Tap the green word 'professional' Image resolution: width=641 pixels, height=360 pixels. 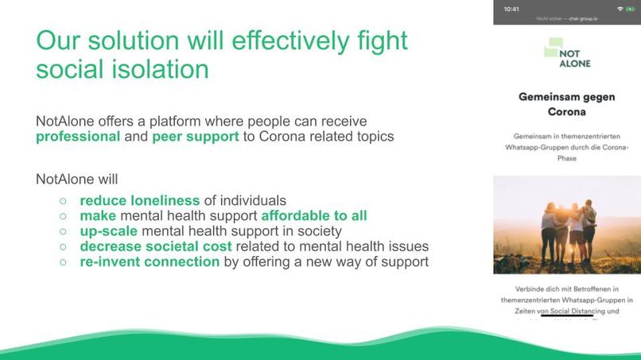[x=78, y=136]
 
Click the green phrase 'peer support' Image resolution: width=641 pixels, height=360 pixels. [x=196, y=136]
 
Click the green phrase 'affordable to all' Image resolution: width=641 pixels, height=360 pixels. [x=314, y=215]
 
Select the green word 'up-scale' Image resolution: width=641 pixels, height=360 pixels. [x=108, y=231]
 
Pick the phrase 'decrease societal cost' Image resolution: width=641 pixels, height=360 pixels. [x=156, y=246]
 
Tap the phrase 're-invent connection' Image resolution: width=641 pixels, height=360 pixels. [x=150, y=261]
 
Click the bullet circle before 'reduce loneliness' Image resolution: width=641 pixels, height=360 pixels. [x=64, y=201]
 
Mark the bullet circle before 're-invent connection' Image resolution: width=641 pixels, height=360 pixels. [x=64, y=262]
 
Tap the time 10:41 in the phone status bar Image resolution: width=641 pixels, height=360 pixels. [x=511, y=9]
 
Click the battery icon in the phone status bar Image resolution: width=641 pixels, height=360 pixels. [x=630, y=9]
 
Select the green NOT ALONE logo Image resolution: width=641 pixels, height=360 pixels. [x=567, y=55]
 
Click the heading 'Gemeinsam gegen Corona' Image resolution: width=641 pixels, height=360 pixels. [x=567, y=104]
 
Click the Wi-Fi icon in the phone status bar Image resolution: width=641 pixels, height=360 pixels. [x=620, y=9]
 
